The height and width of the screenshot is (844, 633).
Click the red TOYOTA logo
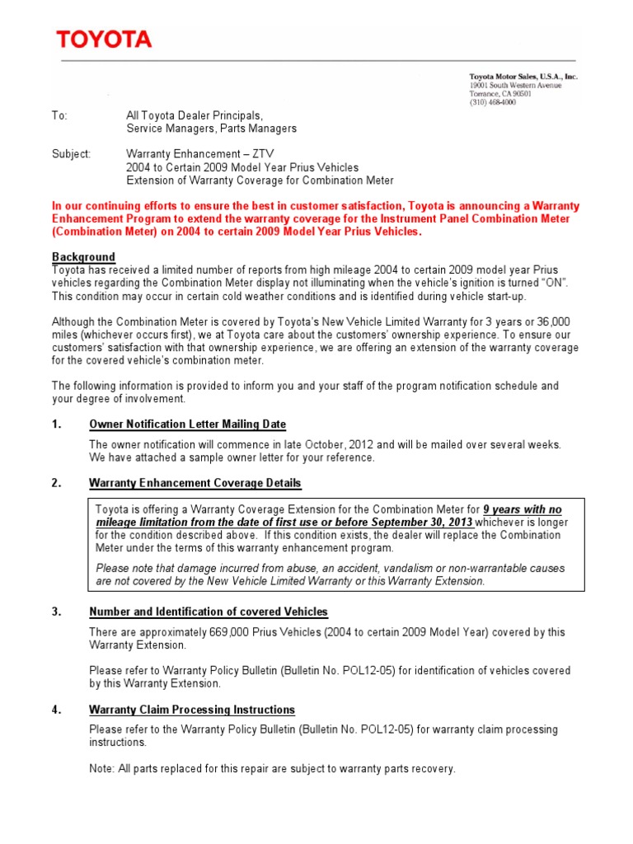[x=104, y=40]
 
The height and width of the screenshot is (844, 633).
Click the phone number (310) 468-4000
[x=494, y=103]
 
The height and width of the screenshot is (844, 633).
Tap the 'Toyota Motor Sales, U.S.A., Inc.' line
[x=523, y=77]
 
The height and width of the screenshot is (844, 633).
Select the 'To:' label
[x=59, y=116]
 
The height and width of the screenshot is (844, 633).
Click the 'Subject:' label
[x=72, y=154]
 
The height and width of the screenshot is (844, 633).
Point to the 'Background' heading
[x=83, y=257]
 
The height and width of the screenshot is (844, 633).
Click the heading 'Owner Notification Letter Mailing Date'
[x=187, y=424]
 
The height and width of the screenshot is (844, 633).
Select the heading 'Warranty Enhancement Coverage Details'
[x=195, y=483]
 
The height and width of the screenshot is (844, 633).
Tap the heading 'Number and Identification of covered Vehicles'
[x=208, y=612]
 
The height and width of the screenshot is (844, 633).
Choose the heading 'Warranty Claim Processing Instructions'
[x=191, y=710]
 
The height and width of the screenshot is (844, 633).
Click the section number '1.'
[x=57, y=424]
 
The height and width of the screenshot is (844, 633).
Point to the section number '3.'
[x=57, y=612]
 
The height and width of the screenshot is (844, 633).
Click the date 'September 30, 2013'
[x=421, y=523]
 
